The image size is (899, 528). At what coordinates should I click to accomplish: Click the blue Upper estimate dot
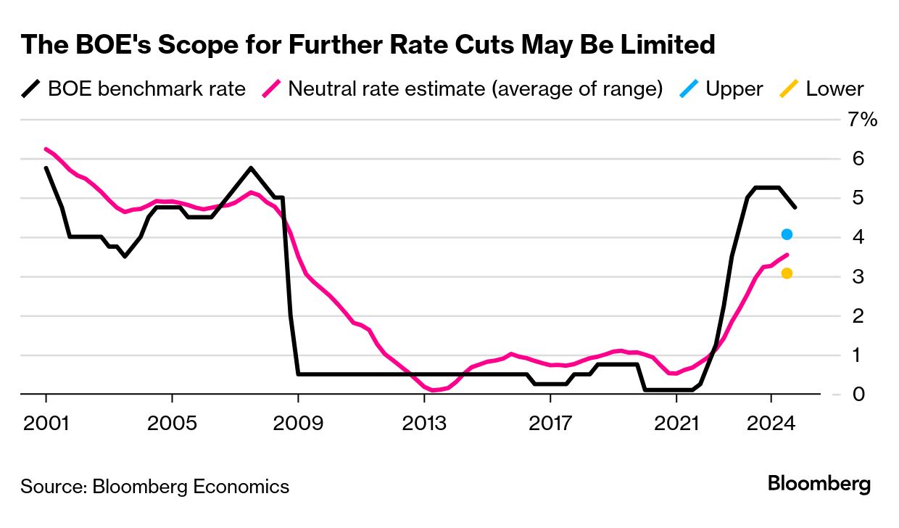(x=787, y=234)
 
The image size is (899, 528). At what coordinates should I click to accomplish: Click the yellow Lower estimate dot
(x=787, y=273)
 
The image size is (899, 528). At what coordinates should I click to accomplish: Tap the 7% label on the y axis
(x=863, y=120)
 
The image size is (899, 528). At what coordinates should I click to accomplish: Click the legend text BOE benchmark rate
(x=146, y=89)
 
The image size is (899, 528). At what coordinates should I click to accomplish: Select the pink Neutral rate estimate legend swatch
(x=271, y=89)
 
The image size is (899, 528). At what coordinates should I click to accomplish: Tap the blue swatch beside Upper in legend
(x=689, y=89)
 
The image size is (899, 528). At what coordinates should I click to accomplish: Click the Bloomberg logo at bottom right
(x=819, y=484)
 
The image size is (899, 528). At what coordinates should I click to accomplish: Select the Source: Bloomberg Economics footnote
(x=154, y=486)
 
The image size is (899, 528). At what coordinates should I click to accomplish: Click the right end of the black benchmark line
(x=795, y=207)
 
